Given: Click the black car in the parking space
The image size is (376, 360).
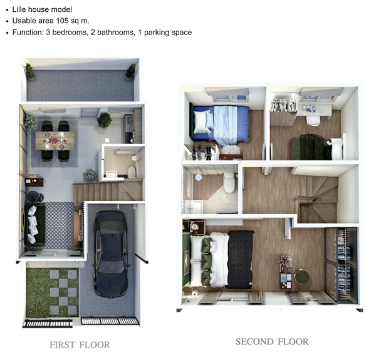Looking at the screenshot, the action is (111, 254).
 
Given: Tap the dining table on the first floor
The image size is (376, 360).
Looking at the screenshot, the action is (55, 140).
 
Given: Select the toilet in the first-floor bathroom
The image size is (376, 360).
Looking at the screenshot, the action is (132, 172).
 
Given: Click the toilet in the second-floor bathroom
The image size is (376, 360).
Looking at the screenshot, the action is (229, 182).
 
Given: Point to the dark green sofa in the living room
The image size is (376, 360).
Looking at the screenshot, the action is (35, 225).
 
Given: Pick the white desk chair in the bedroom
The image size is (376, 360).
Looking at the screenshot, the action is (313, 121).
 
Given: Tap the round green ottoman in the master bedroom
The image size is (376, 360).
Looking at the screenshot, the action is (301, 276).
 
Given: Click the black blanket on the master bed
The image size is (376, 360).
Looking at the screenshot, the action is (240, 259).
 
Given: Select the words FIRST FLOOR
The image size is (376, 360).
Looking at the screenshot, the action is (80, 345).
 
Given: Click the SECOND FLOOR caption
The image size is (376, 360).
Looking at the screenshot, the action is (272, 342).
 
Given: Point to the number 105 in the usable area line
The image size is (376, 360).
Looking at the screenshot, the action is (62, 21).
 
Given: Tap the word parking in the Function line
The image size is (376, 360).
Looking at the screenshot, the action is (155, 33).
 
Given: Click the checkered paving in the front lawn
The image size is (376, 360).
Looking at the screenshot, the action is (63, 292).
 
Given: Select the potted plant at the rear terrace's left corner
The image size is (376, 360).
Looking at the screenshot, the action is (29, 71).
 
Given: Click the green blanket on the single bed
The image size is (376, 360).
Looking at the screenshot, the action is (310, 147).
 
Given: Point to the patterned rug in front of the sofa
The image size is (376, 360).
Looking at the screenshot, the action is (60, 225).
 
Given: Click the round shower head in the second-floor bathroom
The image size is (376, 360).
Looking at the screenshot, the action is (198, 177).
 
